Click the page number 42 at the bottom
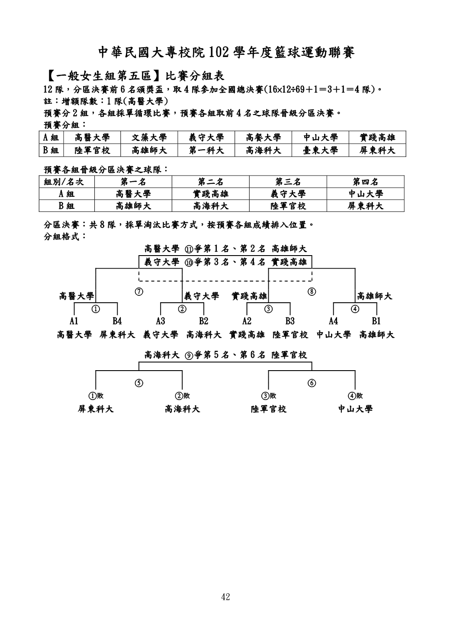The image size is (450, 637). pyautogui.click(x=225, y=597)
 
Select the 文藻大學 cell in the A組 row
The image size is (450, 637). pyautogui.click(x=149, y=138)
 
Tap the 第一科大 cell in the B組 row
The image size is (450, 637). pyautogui.click(x=206, y=150)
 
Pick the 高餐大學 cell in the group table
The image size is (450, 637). pyautogui.click(x=263, y=138)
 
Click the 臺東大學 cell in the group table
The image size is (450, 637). pyautogui.click(x=320, y=150)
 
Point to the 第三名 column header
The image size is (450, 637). pyautogui.click(x=288, y=182)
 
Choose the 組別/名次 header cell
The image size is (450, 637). pyautogui.click(x=60, y=182)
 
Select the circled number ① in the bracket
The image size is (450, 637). pyautogui.click(x=96, y=308)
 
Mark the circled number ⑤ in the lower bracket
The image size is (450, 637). pyautogui.click(x=139, y=383)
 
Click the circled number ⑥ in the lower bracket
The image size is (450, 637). pyautogui.click(x=312, y=383)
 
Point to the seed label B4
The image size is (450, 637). pyautogui.click(x=117, y=321)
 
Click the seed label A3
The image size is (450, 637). pyautogui.click(x=161, y=321)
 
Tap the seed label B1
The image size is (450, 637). pyautogui.click(x=376, y=321)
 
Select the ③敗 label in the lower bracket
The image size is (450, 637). pyautogui.click(x=268, y=396)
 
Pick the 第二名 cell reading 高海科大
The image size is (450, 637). pyautogui.click(x=211, y=206)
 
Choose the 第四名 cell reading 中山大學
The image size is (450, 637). pyautogui.click(x=365, y=194)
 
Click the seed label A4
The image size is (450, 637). pyautogui.click(x=333, y=321)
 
